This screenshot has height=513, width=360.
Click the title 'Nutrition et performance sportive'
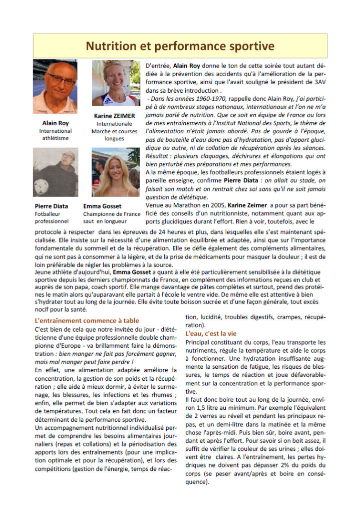coord(180,46)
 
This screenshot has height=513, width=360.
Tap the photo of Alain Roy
coord(55,87)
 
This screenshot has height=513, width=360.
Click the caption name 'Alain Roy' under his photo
coord(56,123)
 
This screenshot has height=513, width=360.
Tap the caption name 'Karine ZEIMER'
coord(114,116)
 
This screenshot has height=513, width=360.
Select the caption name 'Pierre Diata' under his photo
coord(52,206)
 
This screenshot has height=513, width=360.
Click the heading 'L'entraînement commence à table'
coord(87,321)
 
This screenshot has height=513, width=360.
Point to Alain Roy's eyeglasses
coord(61,80)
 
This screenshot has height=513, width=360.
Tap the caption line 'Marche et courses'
coord(114,131)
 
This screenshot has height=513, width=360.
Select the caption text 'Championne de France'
coord(112,213)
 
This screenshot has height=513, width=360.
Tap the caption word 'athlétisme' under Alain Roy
coord(56,138)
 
